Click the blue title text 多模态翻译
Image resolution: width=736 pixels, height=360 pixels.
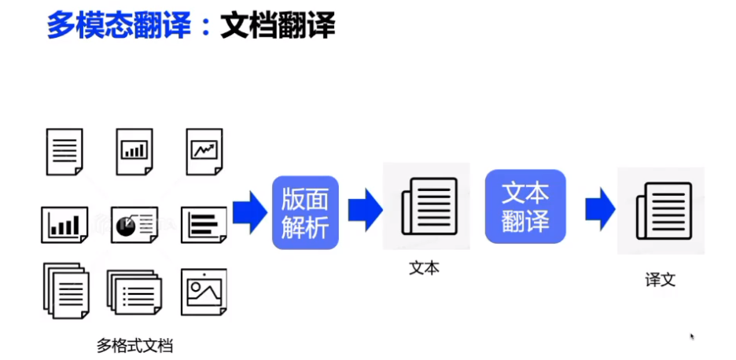click(119, 26)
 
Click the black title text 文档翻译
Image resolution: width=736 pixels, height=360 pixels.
click(278, 26)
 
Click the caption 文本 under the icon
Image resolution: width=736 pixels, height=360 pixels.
click(425, 267)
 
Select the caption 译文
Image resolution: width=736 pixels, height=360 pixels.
click(660, 279)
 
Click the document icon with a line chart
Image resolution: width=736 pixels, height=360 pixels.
click(205, 151)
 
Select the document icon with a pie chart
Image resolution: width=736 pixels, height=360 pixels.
click(134, 224)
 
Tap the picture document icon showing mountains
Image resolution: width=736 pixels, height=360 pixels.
click(204, 292)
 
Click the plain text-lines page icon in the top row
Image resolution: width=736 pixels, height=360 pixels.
click(64, 151)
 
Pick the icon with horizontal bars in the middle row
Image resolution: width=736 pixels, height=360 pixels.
click(204, 225)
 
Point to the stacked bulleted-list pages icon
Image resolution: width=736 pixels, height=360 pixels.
click(134, 293)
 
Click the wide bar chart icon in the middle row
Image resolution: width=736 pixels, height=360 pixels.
click(64, 225)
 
